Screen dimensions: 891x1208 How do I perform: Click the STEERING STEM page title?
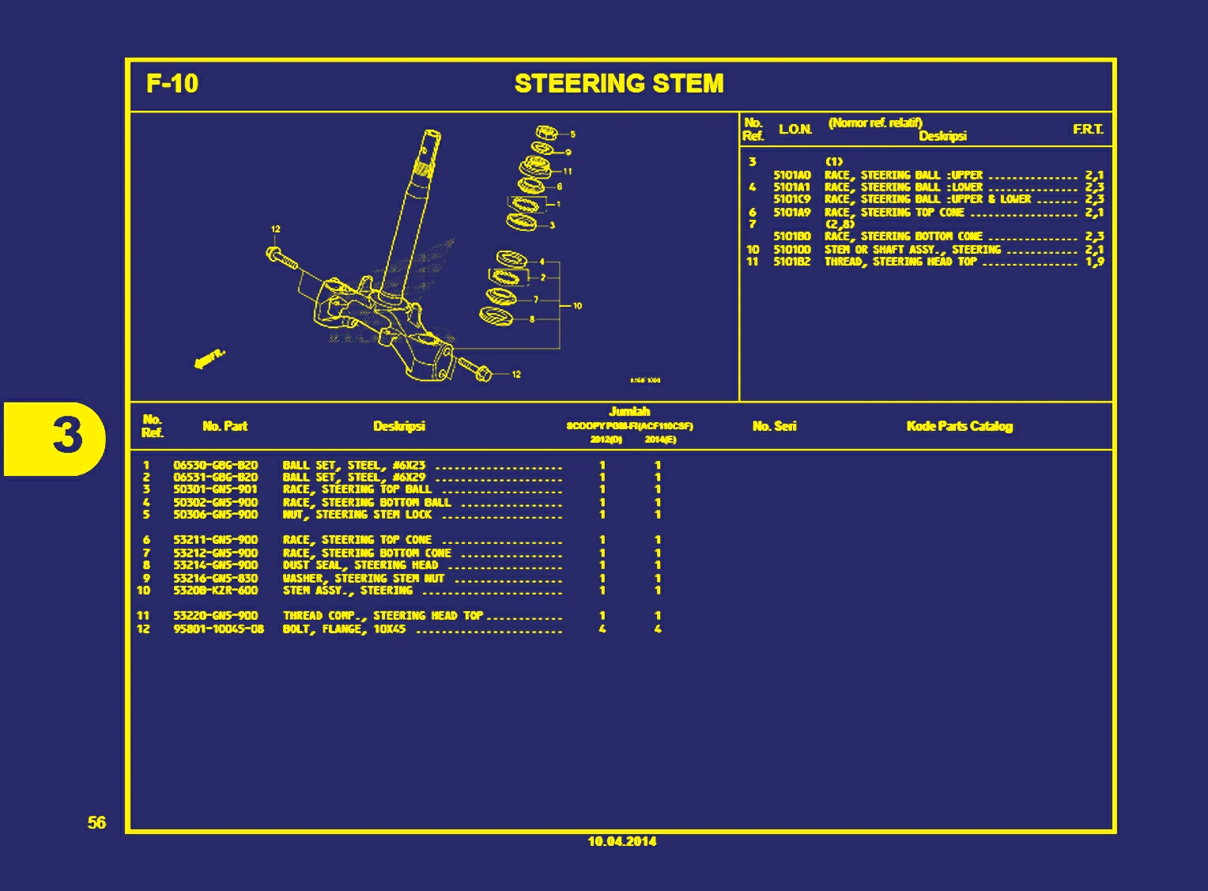tap(618, 84)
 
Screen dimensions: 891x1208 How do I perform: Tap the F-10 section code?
tap(172, 84)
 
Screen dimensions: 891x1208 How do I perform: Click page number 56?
tap(96, 823)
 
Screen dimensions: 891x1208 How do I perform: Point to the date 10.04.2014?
tap(621, 841)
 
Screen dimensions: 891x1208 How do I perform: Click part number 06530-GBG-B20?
tap(215, 466)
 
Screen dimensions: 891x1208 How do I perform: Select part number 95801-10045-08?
tap(218, 629)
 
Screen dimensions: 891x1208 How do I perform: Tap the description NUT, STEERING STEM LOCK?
tap(357, 515)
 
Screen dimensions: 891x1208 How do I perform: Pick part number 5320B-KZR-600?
tap(215, 591)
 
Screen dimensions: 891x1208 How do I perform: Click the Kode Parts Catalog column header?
tap(959, 426)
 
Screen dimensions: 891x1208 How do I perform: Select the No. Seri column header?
tap(774, 426)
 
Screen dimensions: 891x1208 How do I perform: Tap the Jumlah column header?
tap(629, 411)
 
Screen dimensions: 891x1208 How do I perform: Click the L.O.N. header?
tap(795, 130)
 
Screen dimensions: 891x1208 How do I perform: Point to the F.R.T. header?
tap(1088, 130)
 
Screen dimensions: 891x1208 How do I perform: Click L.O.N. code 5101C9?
tap(791, 199)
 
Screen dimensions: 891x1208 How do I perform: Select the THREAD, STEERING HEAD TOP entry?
tap(900, 262)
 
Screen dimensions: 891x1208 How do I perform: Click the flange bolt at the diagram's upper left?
tap(283, 258)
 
